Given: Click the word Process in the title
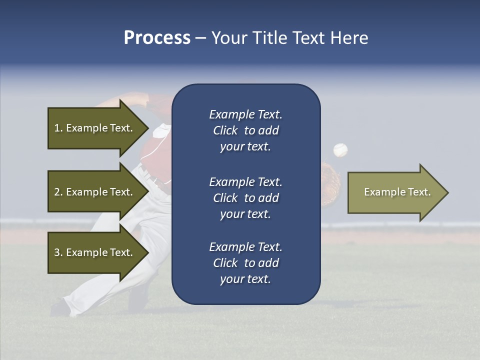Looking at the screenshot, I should point(157,38).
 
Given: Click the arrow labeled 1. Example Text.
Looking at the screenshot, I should point(93,128).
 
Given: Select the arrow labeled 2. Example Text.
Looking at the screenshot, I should point(93,192).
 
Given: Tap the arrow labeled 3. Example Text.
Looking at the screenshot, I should point(93,252).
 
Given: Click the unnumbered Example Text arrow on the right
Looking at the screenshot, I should point(397,192).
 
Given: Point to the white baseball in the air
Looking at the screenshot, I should point(340,149).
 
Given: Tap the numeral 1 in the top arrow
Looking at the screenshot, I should point(57,128).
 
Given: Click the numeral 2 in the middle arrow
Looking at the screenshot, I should point(57,192).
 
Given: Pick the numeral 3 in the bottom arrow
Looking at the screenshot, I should point(57,252).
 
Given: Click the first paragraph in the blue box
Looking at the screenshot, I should point(245,130).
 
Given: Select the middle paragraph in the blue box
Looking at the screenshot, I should point(245,198).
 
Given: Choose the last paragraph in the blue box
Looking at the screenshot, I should point(245,263).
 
